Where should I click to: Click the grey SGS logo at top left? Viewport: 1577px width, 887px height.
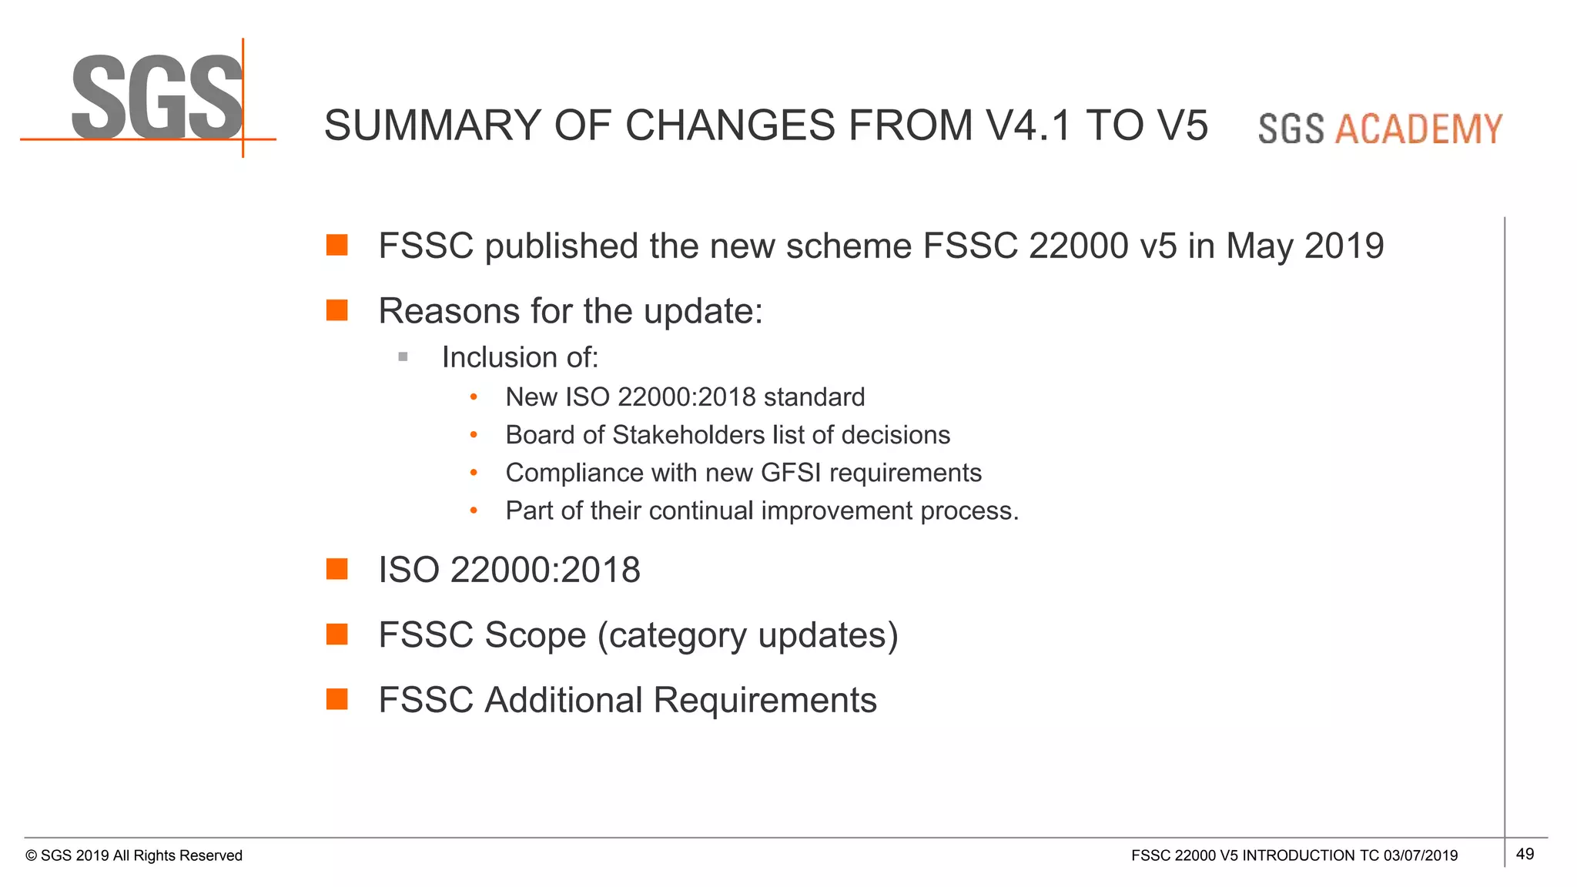[158, 98]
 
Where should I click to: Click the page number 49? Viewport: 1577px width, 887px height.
[1525, 854]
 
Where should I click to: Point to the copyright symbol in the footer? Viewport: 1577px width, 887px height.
[32, 856]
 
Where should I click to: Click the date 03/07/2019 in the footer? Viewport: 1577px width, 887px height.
[1420, 855]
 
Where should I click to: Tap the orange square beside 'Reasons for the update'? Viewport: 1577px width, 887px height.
[336, 310]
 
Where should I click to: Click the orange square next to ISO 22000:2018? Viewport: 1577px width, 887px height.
[336, 569]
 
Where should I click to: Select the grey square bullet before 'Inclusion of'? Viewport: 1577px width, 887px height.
[403, 356]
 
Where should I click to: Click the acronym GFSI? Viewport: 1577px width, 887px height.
[792, 473]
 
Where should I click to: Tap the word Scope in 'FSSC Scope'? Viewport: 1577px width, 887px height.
[535, 635]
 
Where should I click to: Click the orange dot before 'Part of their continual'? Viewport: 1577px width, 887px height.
[474, 510]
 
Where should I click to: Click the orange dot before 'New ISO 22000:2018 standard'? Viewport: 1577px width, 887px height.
[474, 397]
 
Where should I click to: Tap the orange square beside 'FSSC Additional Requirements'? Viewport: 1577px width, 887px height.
[336, 699]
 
